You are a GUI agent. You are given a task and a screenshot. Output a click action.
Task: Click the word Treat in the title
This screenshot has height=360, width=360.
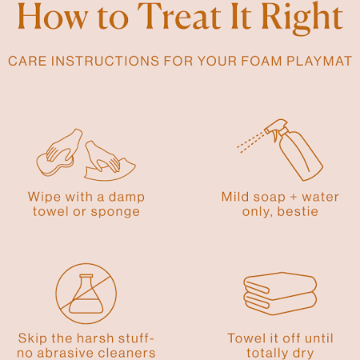coord(179,16)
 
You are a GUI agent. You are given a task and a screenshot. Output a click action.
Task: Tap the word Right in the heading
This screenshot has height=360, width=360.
coord(302,18)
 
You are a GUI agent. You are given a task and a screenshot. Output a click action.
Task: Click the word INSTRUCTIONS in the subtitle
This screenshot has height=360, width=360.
coord(105,61)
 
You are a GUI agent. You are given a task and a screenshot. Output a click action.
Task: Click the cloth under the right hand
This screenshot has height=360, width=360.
coord(110,170)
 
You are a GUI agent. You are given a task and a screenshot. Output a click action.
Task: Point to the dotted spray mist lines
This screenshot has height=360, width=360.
coord(250,142)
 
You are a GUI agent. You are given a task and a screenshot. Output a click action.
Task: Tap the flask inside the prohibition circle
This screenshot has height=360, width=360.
coord(86,294)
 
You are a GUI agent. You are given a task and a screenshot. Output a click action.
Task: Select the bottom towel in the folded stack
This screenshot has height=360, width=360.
coord(280,304)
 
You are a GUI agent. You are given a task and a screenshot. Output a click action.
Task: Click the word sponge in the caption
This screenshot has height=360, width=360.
coord(115,213)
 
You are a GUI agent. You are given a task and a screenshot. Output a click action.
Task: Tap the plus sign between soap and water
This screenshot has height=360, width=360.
coord(294,197)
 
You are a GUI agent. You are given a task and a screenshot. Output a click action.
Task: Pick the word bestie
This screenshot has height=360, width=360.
coord(298,211)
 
